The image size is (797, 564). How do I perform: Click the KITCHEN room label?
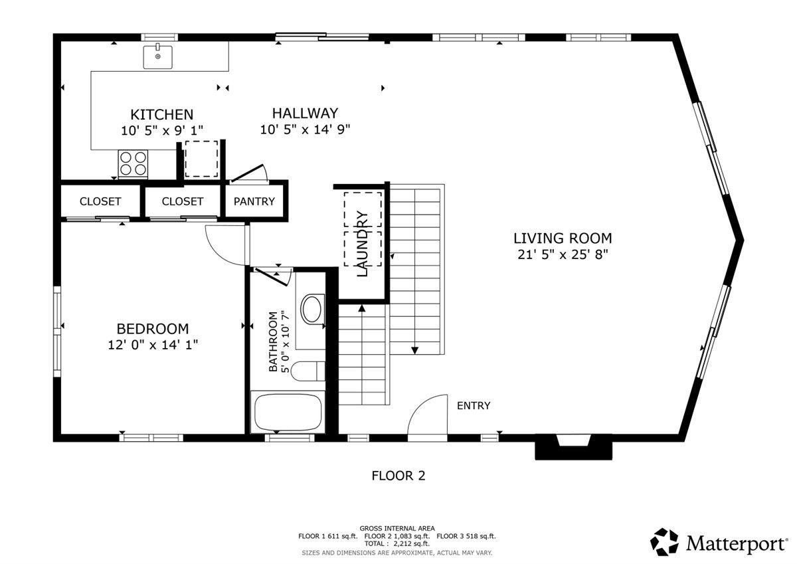[x=161, y=115]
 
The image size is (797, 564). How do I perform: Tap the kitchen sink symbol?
[x=158, y=56]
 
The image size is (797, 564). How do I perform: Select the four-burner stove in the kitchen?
[x=133, y=163]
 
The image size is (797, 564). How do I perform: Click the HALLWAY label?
[x=305, y=114]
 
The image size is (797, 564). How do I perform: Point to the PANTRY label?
[x=254, y=201]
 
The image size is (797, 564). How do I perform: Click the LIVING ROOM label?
[x=563, y=238]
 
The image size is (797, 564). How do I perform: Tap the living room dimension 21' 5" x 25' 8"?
[x=563, y=254]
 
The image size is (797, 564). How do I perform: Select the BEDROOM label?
[x=153, y=329]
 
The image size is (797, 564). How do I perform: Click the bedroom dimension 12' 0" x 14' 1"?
[x=153, y=345]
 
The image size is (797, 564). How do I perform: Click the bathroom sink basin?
[x=311, y=309]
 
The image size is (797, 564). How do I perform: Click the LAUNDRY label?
[x=363, y=243]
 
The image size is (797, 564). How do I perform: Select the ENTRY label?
[x=474, y=406]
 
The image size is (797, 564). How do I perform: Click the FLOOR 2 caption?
[x=398, y=476]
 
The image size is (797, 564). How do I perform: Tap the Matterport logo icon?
[x=664, y=542]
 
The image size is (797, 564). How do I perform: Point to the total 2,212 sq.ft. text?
[x=398, y=543]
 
